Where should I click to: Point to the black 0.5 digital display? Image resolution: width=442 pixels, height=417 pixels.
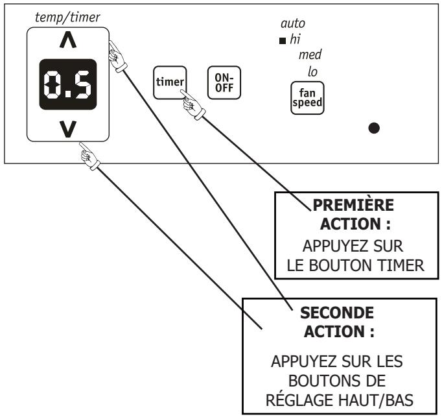click(x=67, y=84)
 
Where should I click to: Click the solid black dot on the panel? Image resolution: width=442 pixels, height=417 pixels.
click(x=374, y=128)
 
